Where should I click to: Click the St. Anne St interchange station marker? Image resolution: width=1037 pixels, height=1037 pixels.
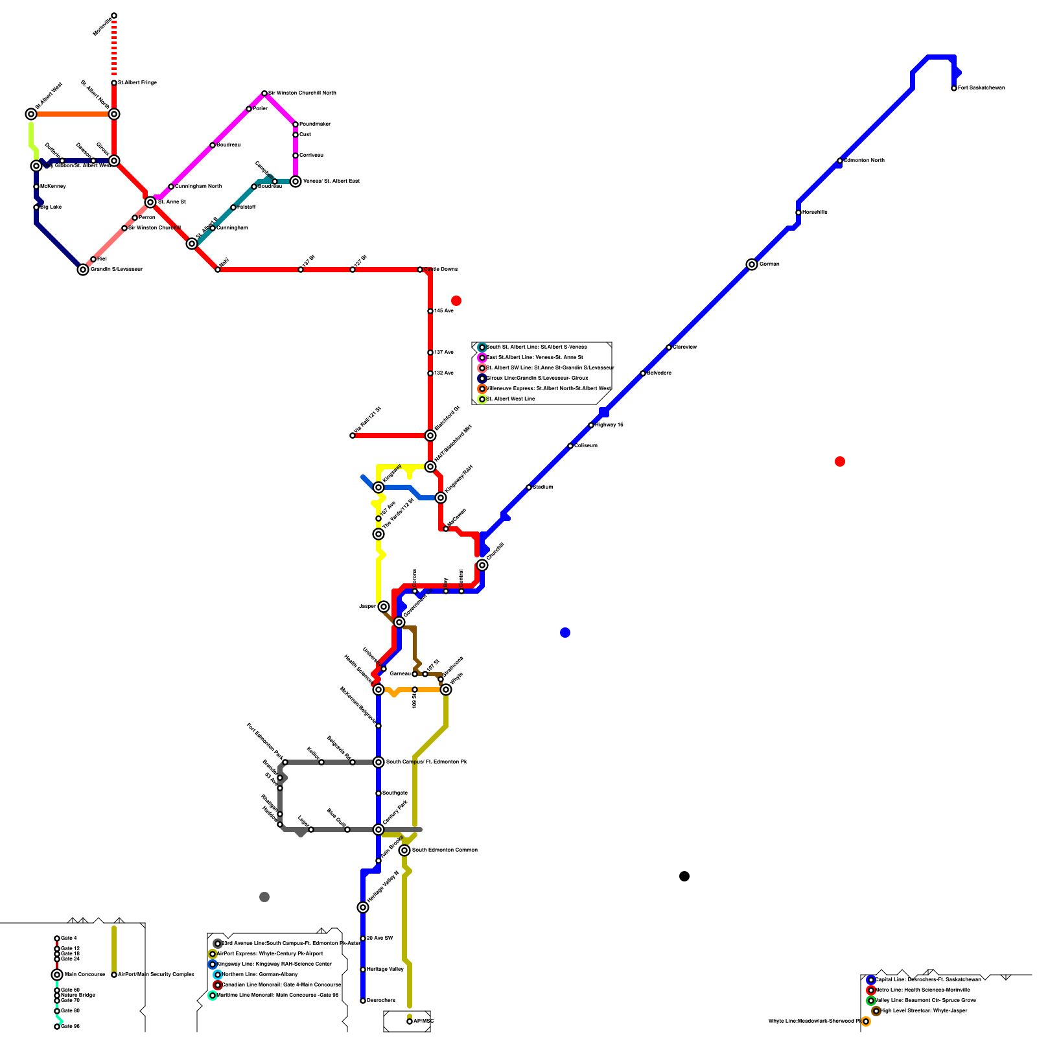[x=150, y=202]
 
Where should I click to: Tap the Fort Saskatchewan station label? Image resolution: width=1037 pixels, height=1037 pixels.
[x=981, y=88]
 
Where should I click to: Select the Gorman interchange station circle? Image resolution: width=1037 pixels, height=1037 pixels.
[x=752, y=264]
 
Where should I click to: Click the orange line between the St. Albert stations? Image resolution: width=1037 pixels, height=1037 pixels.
[x=73, y=114]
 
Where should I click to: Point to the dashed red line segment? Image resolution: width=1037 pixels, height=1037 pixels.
[x=114, y=49]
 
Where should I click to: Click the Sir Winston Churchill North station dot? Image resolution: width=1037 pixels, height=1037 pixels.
[x=264, y=93]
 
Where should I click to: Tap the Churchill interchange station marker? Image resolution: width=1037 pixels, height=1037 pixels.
[x=482, y=565]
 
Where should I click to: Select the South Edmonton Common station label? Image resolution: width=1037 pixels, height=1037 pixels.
[x=445, y=850]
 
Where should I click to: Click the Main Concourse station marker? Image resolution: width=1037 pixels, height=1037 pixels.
[x=57, y=975]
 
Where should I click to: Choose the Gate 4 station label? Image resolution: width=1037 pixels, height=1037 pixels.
[x=69, y=938]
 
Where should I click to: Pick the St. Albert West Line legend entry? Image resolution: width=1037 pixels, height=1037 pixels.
[x=511, y=399]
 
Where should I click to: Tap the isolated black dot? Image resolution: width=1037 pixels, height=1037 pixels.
[x=684, y=876]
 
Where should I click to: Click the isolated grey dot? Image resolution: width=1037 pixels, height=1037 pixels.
[x=264, y=897]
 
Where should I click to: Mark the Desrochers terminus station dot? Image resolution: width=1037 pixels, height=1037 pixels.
[x=363, y=1001]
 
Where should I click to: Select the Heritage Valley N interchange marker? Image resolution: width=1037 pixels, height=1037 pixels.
[x=363, y=907]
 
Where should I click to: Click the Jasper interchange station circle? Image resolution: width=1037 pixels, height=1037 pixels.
[x=384, y=607]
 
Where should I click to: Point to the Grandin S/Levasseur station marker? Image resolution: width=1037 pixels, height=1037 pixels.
[x=83, y=270]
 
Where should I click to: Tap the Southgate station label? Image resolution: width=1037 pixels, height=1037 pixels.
[x=395, y=793]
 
